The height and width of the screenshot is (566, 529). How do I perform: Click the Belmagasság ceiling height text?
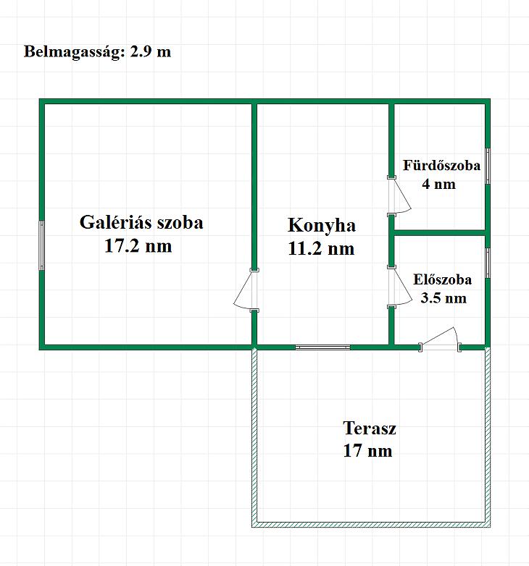pos(97,51)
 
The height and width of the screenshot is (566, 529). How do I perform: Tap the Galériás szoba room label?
pos(141,222)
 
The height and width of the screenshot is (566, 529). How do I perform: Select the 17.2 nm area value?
pos(138,246)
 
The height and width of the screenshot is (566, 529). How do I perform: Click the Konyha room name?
pos(322,226)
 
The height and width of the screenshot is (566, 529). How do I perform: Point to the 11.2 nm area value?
pos(321,249)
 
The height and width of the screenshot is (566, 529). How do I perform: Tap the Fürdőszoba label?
pos(441,165)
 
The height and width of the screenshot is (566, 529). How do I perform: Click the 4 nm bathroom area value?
pos(438,184)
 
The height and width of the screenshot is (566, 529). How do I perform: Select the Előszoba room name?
pos(442,280)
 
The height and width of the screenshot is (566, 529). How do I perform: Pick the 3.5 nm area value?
pos(443,298)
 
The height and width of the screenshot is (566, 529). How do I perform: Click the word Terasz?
pos(370,428)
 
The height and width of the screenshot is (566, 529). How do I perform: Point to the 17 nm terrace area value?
pos(367,450)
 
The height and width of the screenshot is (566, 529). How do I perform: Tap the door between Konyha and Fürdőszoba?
pos(399,195)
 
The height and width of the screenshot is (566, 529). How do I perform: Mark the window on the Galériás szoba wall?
pos(42,245)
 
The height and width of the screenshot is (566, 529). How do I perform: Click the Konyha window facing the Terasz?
pos(322,347)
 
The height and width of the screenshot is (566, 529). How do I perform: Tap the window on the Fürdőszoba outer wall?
pos(488,166)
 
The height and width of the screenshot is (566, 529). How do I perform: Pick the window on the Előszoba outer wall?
pos(488,263)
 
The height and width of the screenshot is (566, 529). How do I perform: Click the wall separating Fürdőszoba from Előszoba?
pos(439,233)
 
